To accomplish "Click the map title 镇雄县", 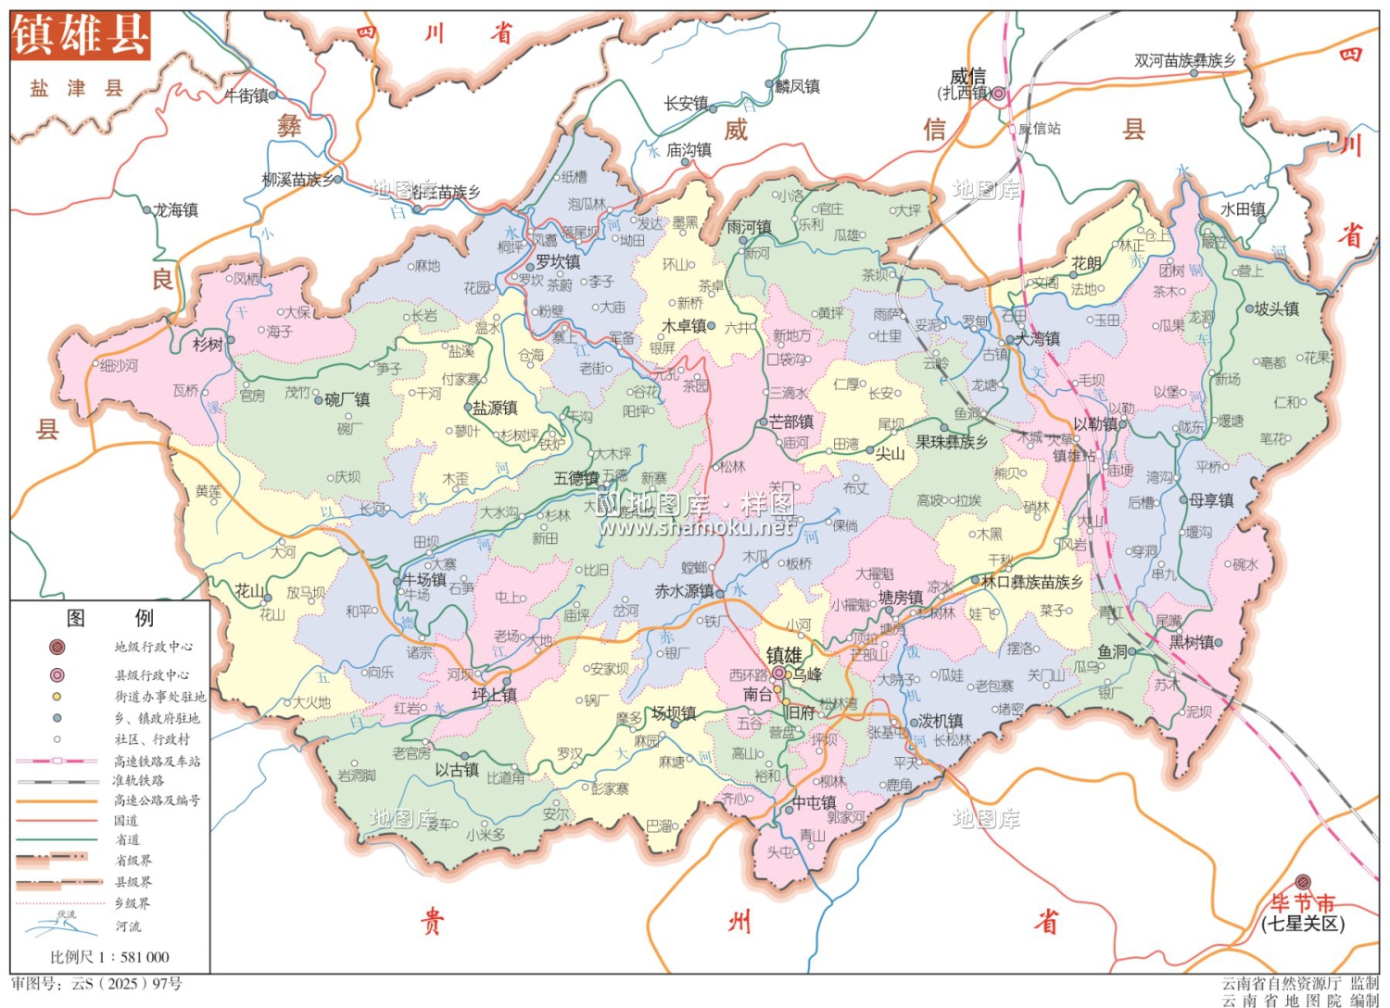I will [80, 35].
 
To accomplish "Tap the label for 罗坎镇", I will [558, 262].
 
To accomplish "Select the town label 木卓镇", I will [684, 326].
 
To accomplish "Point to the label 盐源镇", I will [496, 408].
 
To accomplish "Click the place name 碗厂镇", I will [347, 399].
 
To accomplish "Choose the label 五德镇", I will [575, 478].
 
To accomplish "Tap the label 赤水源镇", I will [684, 591].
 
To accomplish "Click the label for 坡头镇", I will [1276, 309].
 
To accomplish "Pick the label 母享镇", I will [1211, 500].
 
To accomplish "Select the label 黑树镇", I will [1191, 642].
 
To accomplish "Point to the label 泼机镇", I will [941, 721].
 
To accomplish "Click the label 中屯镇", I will [814, 802].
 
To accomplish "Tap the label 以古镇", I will [457, 770].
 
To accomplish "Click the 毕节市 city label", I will [1302, 902].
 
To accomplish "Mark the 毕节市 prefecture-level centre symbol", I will [1303, 882].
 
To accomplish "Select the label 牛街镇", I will [246, 95].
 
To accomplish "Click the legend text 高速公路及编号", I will [157, 800].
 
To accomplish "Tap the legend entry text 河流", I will [128, 926].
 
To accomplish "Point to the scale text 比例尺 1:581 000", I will [109, 957].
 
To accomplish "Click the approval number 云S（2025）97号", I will [96, 984].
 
